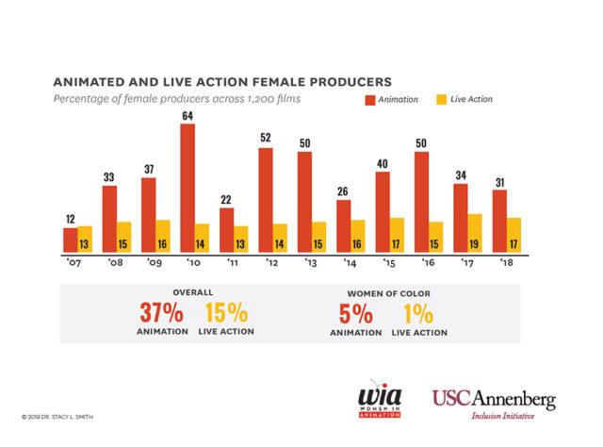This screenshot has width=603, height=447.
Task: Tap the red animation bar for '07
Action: click(70, 240)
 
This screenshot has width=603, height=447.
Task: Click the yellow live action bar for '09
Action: click(164, 236)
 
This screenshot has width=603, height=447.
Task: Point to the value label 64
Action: click(187, 116)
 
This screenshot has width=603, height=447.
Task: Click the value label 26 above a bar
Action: click(344, 191)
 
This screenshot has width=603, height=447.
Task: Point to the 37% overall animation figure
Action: click(158, 313)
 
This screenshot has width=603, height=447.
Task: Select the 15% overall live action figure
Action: click(223, 313)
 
